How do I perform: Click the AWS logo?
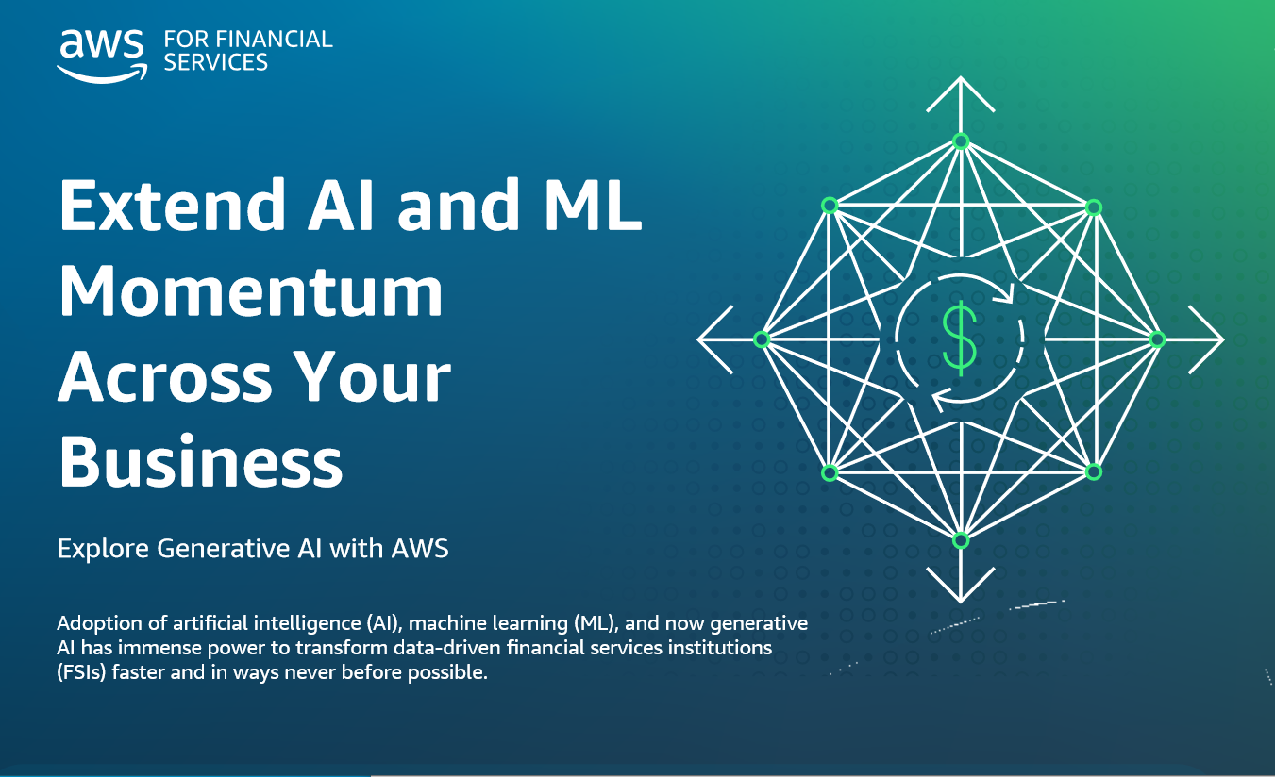pyautogui.click(x=102, y=56)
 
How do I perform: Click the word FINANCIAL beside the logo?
pyautogui.click(x=275, y=40)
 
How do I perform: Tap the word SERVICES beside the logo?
pyautogui.click(x=216, y=62)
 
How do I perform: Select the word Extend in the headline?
pyautogui.click(x=172, y=205)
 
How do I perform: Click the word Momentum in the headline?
pyautogui.click(x=251, y=290)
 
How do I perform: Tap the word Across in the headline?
pyautogui.click(x=166, y=376)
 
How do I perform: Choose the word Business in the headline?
pyautogui.click(x=201, y=461)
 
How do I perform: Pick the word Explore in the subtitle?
pyautogui.click(x=103, y=549)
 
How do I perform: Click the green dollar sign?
pyautogui.click(x=960, y=339)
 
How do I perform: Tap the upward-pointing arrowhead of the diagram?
pyautogui.click(x=961, y=94)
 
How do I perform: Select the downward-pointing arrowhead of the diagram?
pyautogui.click(x=961, y=585)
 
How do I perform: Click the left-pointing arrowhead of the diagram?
pyautogui.click(x=715, y=339)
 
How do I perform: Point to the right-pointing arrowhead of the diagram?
pyautogui.click(x=1206, y=339)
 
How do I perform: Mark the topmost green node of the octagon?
pyautogui.click(x=961, y=141)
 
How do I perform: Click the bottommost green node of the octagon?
pyautogui.click(x=961, y=539)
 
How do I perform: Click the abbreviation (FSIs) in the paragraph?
pyautogui.click(x=81, y=672)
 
